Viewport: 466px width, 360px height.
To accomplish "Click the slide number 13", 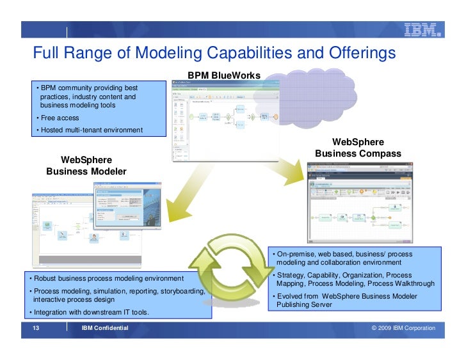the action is (36, 328).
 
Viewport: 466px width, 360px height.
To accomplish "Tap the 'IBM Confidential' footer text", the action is (105, 328).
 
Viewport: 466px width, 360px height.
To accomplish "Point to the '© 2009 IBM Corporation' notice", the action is (403, 328).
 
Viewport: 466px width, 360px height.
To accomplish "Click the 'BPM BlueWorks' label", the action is (224, 75).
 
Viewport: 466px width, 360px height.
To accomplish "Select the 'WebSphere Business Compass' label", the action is (358, 148).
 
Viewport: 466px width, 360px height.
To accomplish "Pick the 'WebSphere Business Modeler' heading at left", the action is (86, 166).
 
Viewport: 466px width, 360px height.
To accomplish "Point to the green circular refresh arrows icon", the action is (233, 265).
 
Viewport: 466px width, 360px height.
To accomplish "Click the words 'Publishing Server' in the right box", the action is (304, 305).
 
